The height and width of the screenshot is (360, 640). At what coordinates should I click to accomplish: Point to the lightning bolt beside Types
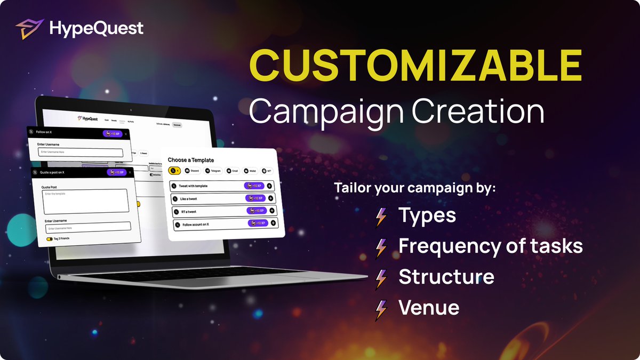[x=381, y=216]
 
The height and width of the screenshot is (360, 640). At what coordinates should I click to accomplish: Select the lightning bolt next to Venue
[x=381, y=309]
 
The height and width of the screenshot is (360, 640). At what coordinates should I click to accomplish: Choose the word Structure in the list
[x=446, y=277]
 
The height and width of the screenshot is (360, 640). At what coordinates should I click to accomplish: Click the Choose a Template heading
[x=191, y=160]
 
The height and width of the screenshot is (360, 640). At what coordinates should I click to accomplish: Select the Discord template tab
[x=192, y=171]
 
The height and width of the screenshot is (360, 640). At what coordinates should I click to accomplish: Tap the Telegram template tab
[x=212, y=171]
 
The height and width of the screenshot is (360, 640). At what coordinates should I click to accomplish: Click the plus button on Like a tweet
[x=271, y=198]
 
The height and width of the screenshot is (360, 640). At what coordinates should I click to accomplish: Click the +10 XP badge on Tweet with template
[x=254, y=186]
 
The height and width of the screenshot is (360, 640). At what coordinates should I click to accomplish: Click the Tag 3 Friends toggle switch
[x=50, y=239]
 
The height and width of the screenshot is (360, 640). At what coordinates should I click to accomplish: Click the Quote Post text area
[x=85, y=202]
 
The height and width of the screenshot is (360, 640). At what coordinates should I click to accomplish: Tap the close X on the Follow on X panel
[x=126, y=134]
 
